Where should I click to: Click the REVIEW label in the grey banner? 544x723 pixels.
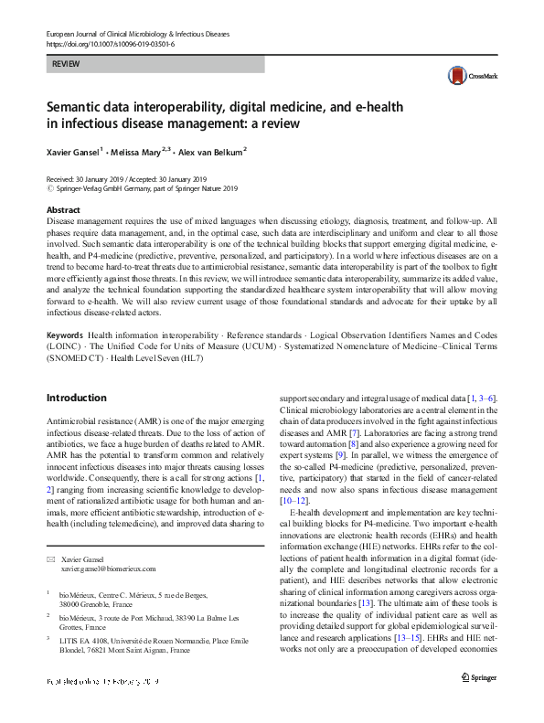66,66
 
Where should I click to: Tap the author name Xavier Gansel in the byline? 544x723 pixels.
77,152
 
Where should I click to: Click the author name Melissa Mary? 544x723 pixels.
139,152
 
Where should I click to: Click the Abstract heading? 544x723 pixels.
64,210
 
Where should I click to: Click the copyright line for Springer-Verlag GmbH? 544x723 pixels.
143,189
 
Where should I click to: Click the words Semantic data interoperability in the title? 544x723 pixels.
136,107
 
